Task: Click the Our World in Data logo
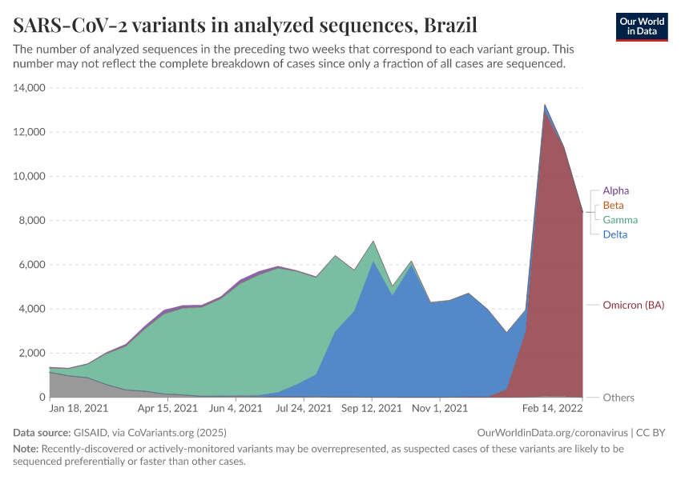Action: (641, 26)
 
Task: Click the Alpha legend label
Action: (615, 190)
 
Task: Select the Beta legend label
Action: (613, 206)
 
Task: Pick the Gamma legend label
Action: (620, 220)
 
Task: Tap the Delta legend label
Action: (615, 234)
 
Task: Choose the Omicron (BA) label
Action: (633, 305)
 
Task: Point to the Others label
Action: (619, 398)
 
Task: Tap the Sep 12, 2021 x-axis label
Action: (372, 409)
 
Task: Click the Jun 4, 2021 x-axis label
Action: (236, 409)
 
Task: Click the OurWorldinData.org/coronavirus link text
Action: (552, 433)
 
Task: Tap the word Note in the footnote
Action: (26, 449)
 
